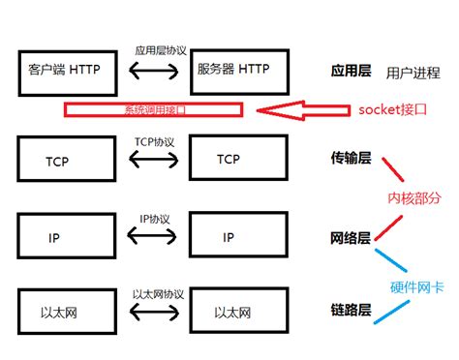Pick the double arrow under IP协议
[x=153, y=235]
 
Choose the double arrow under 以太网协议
[x=153, y=313]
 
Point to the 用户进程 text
[x=413, y=73]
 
